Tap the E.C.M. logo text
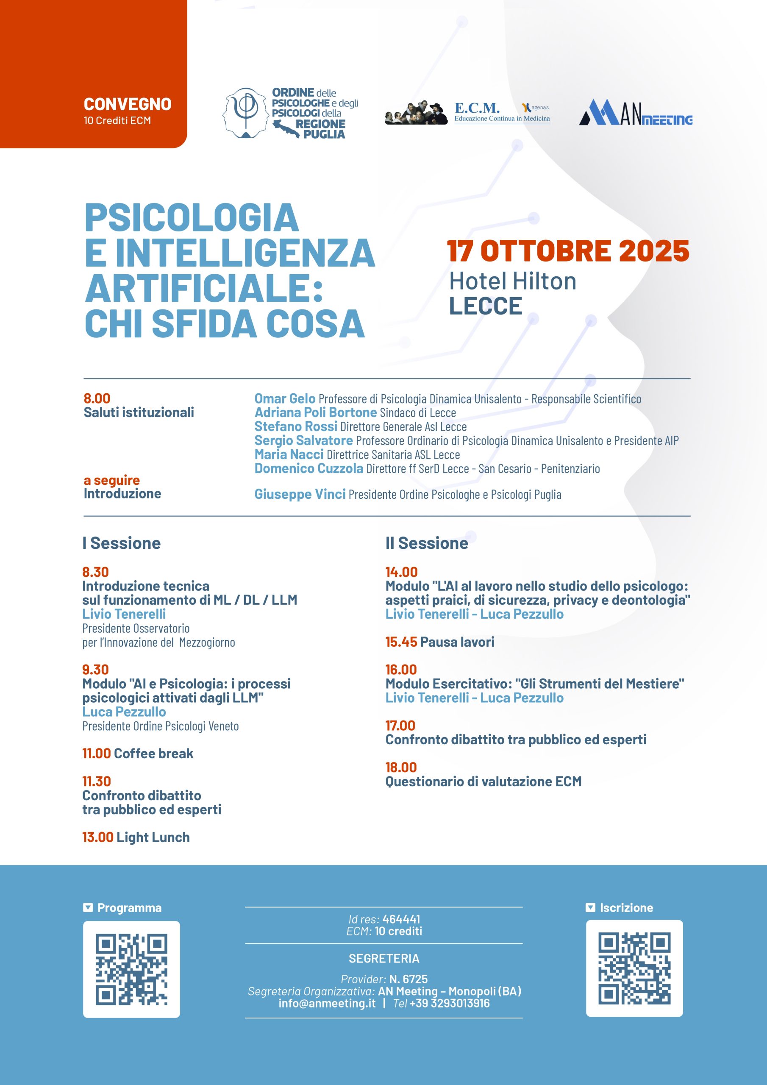pyautogui.click(x=477, y=108)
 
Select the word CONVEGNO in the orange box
pyautogui.click(x=128, y=104)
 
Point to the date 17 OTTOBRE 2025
pyautogui.click(x=568, y=250)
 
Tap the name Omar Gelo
pyautogui.click(x=285, y=398)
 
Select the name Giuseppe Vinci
pyautogui.click(x=300, y=494)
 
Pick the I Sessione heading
pyautogui.click(x=122, y=543)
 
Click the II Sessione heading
pyautogui.click(x=427, y=543)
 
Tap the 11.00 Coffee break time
pyautogui.click(x=97, y=753)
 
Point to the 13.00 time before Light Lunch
pyautogui.click(x=98, y=837)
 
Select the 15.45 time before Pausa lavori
pyautogui.click(x=401, y=642)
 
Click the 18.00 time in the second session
pyautogui.click(x=401, y=767)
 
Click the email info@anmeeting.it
pyautogui.click(x=327, y=1003)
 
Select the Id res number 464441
pyautogui.click(x=401, y=919)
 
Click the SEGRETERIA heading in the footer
pyautogui.click(x=384, y=958)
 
